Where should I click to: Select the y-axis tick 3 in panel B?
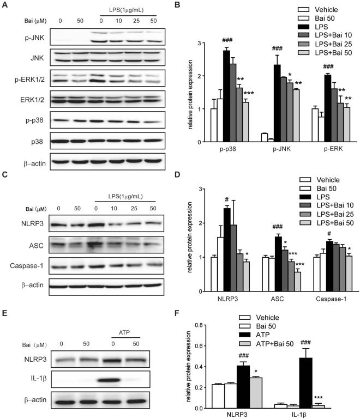[x=203, y=43]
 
